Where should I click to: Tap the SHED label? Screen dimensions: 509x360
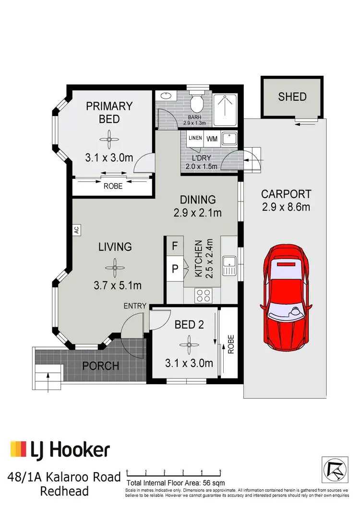292,97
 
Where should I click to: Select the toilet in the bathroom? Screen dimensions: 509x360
197,102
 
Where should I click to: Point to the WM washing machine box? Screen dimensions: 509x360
212,139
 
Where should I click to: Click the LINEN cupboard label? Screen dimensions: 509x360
195,139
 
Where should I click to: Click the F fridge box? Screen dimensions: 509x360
175,246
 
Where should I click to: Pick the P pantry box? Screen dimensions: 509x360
175,268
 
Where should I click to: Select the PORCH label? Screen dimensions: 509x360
101,366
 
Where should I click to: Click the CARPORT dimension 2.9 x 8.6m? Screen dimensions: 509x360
286,207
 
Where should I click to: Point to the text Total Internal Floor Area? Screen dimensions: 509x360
162,483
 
